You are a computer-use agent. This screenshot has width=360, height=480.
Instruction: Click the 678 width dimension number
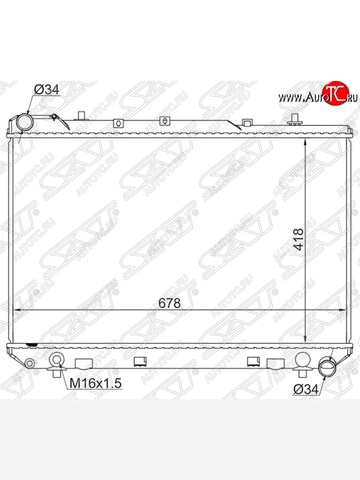pos(169,303)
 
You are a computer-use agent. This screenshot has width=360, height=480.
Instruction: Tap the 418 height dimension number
pos(298,239)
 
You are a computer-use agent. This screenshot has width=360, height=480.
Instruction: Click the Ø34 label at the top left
pos(46,90)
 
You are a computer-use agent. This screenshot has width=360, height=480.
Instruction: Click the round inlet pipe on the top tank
pos(25,122)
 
